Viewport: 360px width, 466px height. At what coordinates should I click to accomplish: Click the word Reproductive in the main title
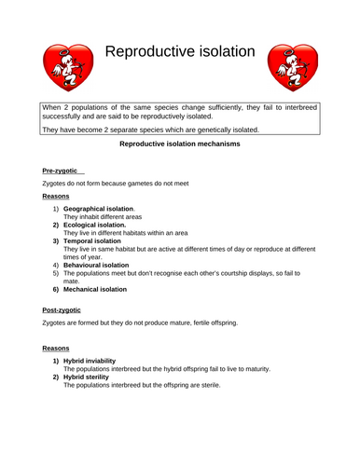pyautogui.click(x=148, y=53)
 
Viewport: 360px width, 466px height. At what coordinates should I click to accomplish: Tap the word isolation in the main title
pyautogui.click(x=224, y=53)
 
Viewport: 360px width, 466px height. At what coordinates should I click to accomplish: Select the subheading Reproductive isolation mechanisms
pyautogui.click(x=180, y=145)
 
